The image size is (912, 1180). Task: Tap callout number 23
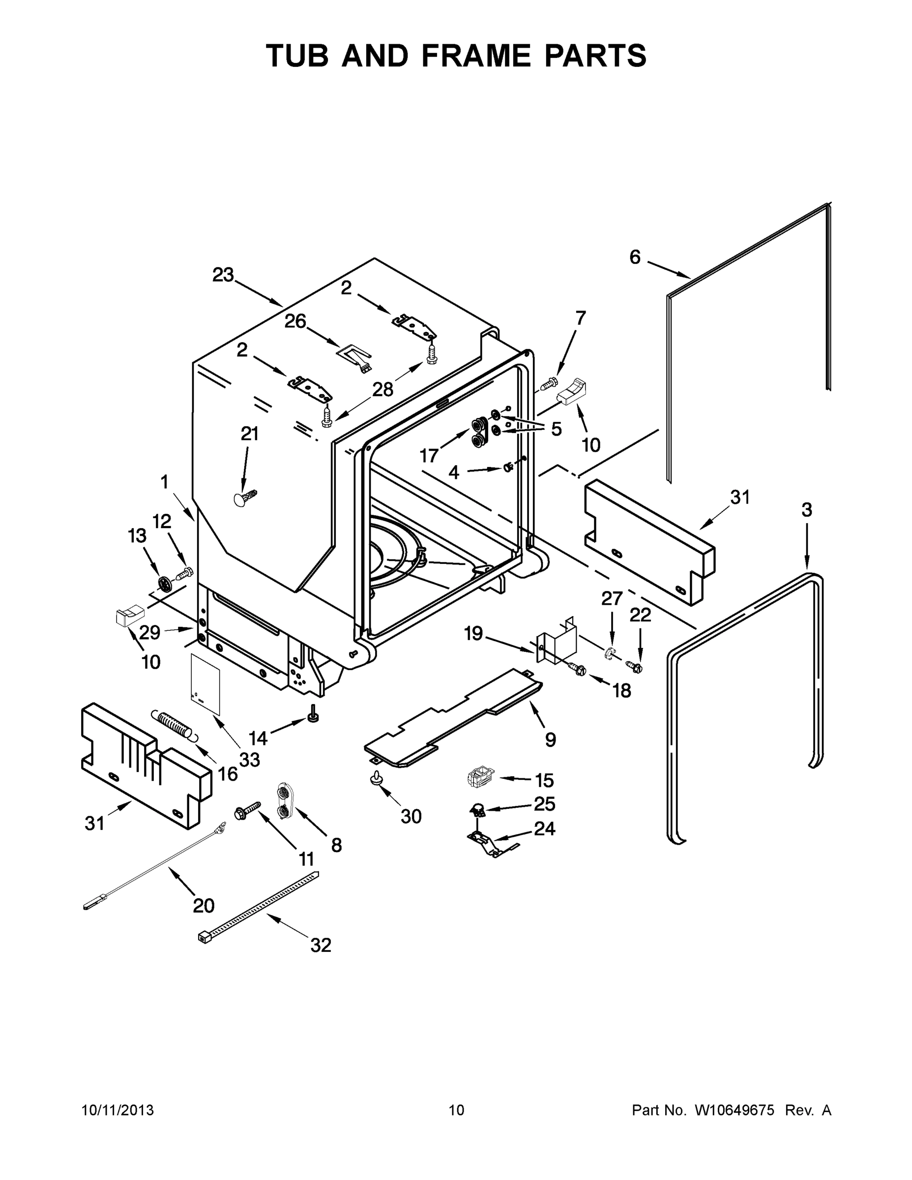tap(223, 275)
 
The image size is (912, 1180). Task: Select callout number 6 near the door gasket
tap(635, 257)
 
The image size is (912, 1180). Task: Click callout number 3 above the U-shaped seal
tap(807, 509)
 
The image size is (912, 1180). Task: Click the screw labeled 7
tap(548, 384)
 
